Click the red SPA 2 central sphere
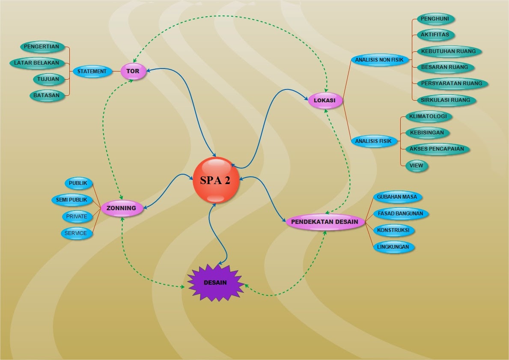(216, 180)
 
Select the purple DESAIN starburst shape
(216, 283)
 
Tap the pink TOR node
(134, 71)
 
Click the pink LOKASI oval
(325, 100)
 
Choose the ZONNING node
(122, 208)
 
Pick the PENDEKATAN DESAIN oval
(325, 222)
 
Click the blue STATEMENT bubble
(92, 71)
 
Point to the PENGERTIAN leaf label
(42, 47)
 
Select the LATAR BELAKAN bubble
(37, 63)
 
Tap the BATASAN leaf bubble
(47, 95)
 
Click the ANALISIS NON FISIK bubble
(380, 60)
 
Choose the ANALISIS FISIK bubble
(374, 141)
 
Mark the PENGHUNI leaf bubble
(436, 19)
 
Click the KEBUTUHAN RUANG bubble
(449, 51)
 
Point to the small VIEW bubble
(417, 166)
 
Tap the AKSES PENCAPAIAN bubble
(438, 149)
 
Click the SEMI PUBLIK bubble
(72, 199)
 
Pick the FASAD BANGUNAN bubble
(401, 214)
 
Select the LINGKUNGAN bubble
(394, 247)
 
